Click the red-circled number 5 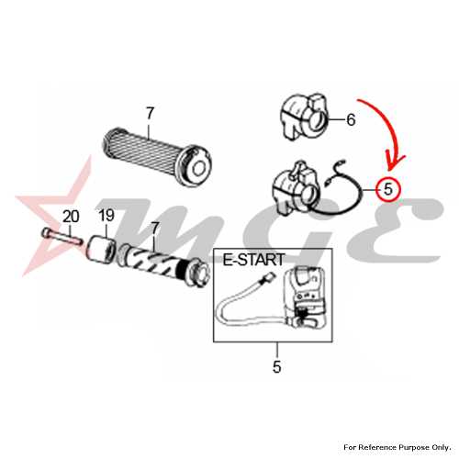click(388, 189)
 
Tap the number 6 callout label click(351, 119)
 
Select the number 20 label click(71, 217)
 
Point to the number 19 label click(106, 216)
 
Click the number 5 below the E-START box click(276, 366)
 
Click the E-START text click(253, 260)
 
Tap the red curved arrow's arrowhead click(395, 162)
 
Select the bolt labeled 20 click(62, 236)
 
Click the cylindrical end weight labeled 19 click(101, 247)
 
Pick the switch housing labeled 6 click(304, 118)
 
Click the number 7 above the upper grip click(150, 114)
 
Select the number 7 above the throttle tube click(155, 229)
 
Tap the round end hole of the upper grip click(199, 168)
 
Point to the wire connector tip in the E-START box click(267, 277)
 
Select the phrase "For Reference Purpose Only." click(397, 447)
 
